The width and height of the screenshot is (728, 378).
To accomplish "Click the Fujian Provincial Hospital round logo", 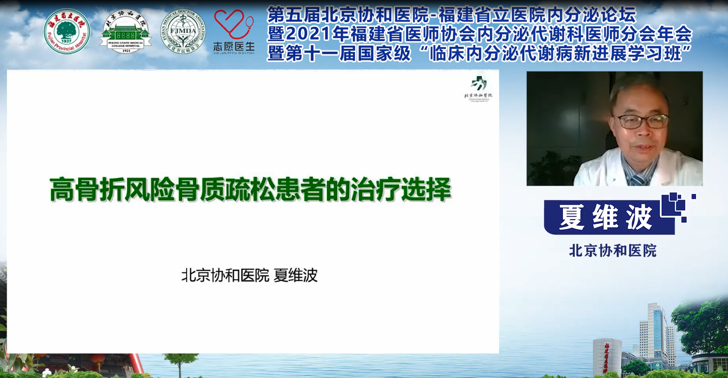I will [x=67, y=31].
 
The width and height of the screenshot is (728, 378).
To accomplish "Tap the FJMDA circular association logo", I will [x=183, y=32].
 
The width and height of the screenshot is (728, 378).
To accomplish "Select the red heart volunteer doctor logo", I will [x=233, y=24].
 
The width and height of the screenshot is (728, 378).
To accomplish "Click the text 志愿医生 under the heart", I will [x=233, y=47].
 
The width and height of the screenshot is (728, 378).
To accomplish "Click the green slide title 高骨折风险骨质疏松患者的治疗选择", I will [x=250, y=189].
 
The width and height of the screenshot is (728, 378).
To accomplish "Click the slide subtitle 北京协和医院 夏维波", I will [x=249, y=276].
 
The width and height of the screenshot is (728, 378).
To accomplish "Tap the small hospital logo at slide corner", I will [x=478, y=88].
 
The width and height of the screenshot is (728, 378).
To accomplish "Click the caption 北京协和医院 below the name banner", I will [x=613, y=251].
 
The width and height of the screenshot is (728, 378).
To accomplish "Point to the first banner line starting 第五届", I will [x=451, y=15].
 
